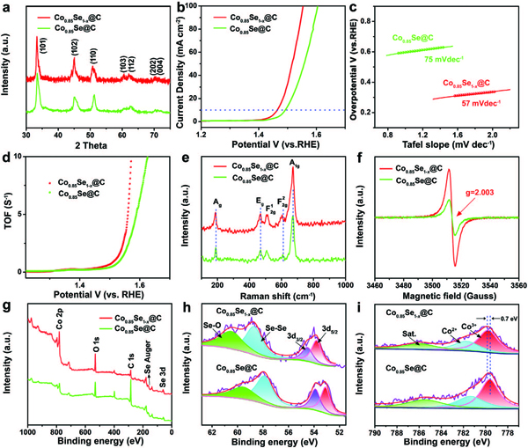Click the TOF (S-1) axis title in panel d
(6, 214)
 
